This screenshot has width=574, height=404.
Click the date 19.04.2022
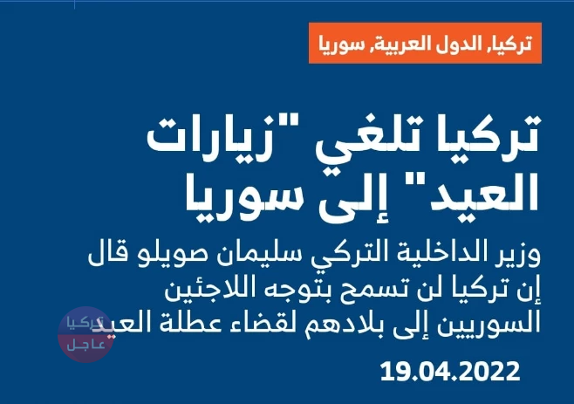450,373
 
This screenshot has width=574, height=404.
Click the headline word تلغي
379,140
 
